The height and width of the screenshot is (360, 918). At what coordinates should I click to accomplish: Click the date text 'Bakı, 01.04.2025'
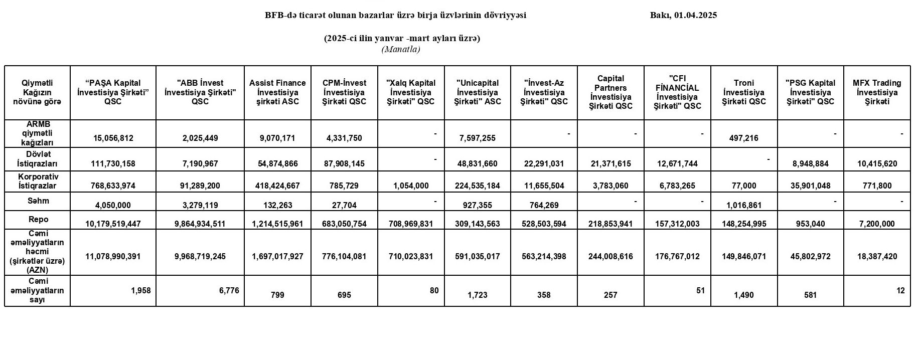683,15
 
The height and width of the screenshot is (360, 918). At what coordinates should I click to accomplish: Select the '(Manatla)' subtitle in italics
401,49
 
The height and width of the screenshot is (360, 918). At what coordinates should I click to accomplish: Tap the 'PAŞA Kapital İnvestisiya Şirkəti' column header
113,92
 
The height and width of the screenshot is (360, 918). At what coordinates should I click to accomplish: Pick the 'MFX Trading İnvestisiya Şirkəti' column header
877,92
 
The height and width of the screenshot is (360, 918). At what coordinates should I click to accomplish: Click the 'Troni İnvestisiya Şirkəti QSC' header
744,92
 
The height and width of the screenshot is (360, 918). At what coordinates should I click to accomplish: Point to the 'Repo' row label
39,220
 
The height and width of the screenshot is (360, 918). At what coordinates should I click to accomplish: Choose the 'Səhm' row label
39,201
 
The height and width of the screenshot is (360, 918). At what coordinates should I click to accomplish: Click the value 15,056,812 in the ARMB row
113,138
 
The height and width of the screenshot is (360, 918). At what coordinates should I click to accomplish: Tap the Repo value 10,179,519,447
113,224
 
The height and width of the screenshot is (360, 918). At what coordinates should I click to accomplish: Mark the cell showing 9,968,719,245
200,256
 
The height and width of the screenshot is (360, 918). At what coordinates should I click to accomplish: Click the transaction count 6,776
229,290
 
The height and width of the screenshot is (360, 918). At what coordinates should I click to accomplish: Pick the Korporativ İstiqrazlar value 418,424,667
277,186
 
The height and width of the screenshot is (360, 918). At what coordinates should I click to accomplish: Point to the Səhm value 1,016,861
744,205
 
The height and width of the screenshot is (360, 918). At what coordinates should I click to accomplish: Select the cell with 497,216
744,138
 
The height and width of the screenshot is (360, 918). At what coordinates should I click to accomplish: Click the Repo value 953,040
810,224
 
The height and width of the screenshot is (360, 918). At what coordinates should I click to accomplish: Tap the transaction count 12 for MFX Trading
900,290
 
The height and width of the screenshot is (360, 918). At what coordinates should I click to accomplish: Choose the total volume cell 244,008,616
610,256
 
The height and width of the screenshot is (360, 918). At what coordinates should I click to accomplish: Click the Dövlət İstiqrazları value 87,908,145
344,163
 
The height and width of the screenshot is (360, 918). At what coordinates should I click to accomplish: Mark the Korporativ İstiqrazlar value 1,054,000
410,186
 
